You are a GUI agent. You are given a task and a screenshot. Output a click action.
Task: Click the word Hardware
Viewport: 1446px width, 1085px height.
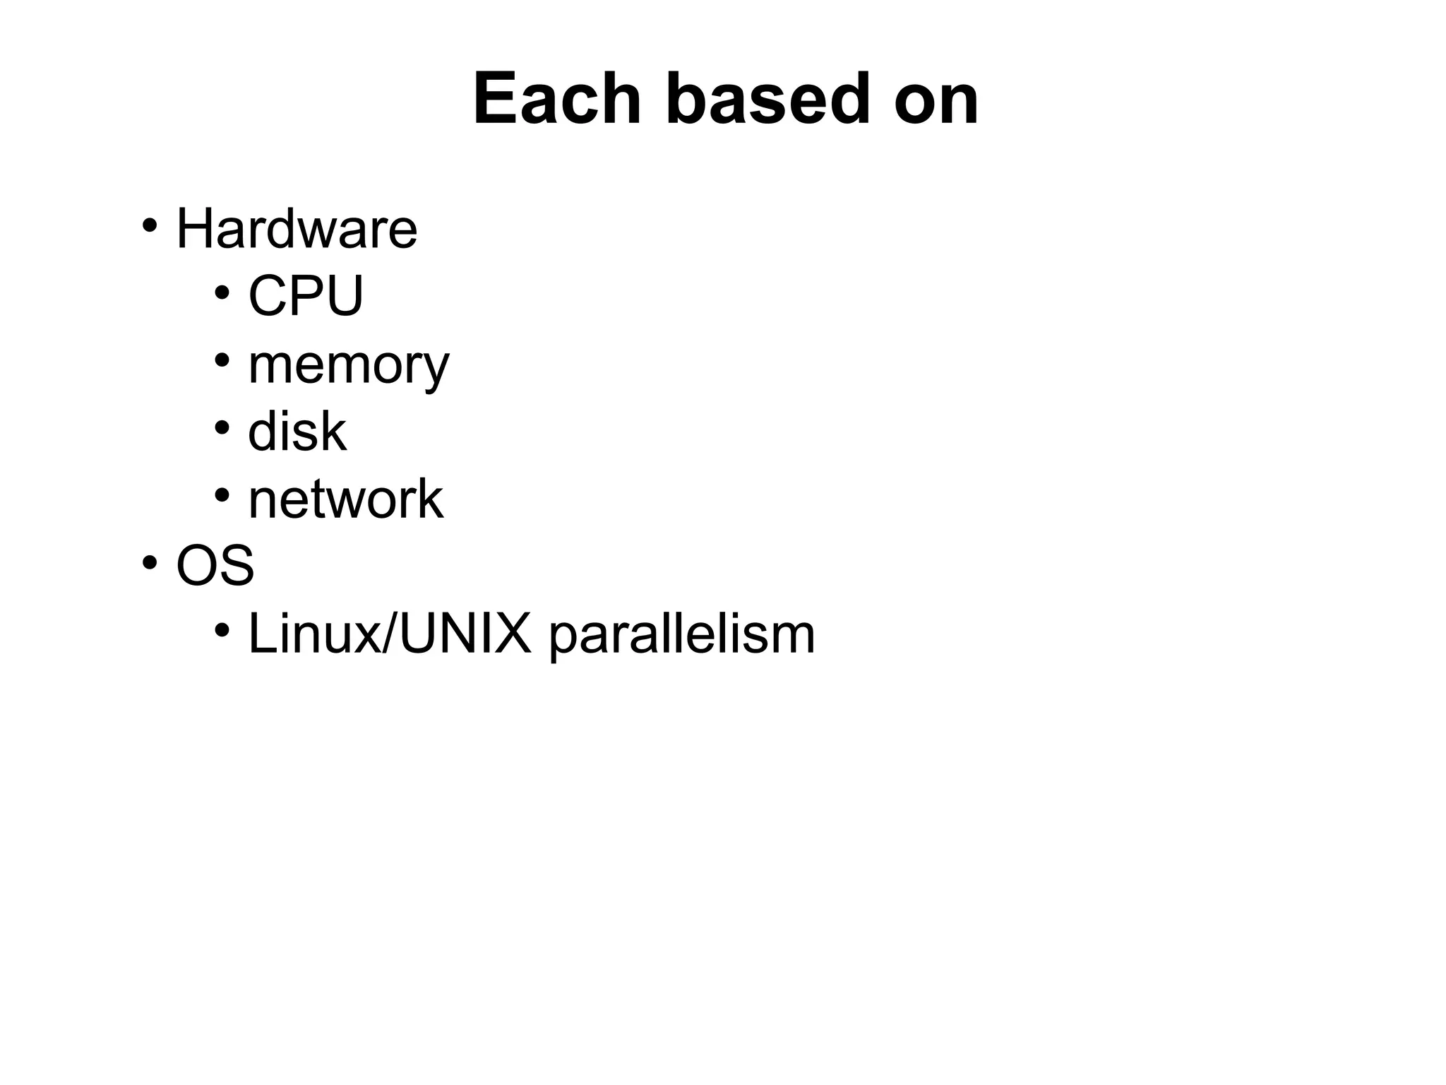[297, 229]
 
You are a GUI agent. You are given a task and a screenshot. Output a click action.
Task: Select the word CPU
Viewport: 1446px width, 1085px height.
[306, 295]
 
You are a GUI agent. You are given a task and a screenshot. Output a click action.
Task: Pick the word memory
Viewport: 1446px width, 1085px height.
[348, 366]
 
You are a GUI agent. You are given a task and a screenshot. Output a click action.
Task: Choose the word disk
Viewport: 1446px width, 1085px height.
[297, 431]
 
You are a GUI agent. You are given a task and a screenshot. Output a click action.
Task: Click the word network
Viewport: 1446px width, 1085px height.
[346, 499]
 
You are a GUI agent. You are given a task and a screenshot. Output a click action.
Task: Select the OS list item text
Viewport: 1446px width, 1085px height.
[215, 565]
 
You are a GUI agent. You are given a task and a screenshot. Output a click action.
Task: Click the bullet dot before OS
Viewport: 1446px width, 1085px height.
[149, 563]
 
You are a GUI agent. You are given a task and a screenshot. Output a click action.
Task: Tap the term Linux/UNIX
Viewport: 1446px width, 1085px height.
[389, 633]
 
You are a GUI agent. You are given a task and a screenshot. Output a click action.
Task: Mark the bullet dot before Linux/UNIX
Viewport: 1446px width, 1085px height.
[222, 630]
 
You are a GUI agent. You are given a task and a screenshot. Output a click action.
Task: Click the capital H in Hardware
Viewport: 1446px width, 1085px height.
[193, 229]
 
